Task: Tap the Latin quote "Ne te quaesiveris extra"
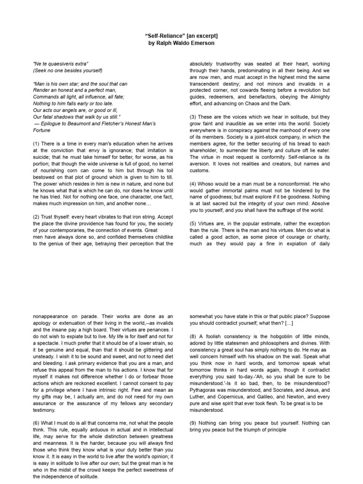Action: (x=61, y=63)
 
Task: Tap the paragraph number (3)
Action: (x=193, y=116)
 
